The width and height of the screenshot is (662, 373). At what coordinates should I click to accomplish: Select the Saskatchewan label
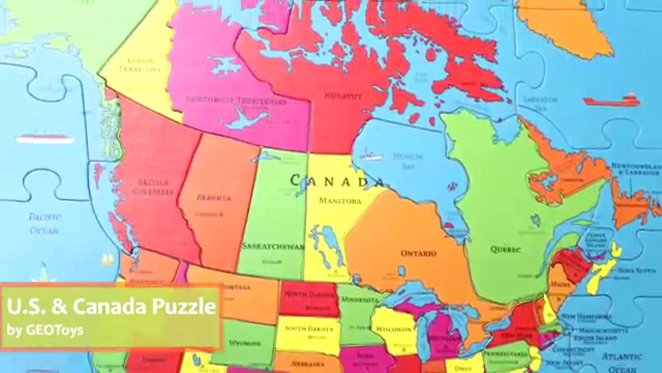[273, 246]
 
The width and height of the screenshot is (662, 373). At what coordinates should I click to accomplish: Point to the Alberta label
[214, 197]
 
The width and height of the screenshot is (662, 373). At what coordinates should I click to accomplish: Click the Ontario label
[418, 253]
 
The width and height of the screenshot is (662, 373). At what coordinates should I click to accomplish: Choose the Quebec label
[505, 249]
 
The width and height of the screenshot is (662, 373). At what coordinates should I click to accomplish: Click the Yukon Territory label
[137, 64]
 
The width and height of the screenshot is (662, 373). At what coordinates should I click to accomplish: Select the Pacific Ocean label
[44, 223]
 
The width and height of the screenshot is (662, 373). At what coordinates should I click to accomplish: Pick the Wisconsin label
[394, 329]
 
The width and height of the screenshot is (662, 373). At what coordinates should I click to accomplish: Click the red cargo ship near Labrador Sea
[612, 100]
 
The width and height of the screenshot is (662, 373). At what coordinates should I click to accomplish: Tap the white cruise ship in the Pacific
[43, 138]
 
